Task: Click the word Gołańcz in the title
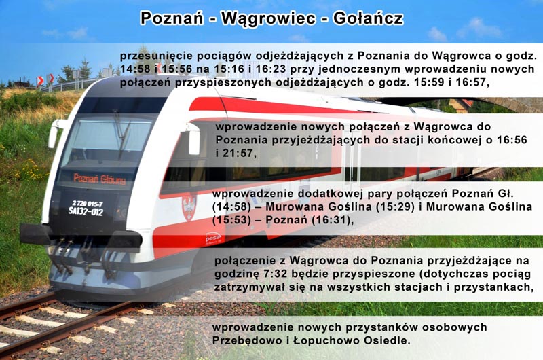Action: click(x=368, y=18)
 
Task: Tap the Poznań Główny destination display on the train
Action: click(x=100, y=179)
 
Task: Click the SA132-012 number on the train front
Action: click(x=86, y=211)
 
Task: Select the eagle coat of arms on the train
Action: click(x=189, y=207)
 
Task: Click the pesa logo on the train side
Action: click(x=212, y=238)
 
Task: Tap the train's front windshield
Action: click(x=110, y=139)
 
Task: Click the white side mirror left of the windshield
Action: click(x=54, y=134)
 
